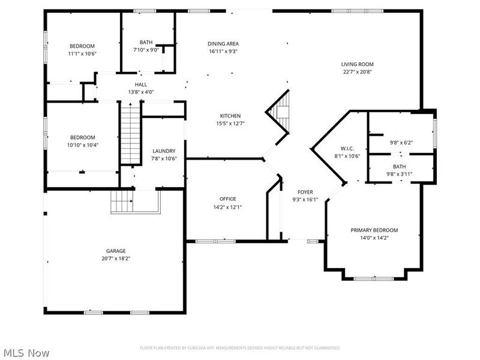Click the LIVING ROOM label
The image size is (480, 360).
358,64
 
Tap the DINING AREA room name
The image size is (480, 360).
223,44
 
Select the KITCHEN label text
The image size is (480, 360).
230,116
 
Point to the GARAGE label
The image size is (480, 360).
116,251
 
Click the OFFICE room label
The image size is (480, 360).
227,199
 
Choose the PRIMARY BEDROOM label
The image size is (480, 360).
374,230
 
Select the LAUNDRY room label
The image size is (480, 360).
164,151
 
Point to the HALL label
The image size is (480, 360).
141,85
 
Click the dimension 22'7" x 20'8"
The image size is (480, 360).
358,72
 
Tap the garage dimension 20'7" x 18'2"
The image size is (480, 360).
116,259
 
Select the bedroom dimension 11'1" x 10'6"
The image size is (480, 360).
82,53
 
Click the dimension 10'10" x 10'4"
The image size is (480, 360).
82,145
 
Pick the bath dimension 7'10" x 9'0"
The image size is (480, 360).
146,50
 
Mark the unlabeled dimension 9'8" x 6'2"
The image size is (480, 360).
401,143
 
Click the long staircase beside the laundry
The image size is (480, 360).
128,133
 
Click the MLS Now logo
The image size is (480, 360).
26,353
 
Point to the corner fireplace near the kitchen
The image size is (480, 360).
281,110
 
